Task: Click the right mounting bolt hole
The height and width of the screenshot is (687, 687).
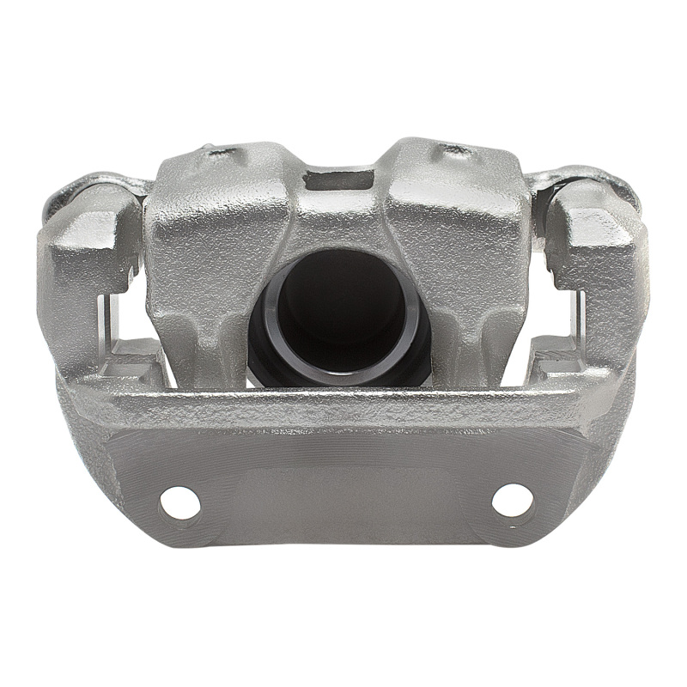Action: pyautogui.click(x=512, y=500)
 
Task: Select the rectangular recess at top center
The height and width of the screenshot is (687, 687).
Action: pyautogui.click(x=341, y=180)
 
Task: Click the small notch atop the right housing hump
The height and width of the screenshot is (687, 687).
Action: pyautogui.click(x=455, y=153)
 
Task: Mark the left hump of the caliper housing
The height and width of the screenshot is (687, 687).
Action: pyautogui.click(x=215, y=223)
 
